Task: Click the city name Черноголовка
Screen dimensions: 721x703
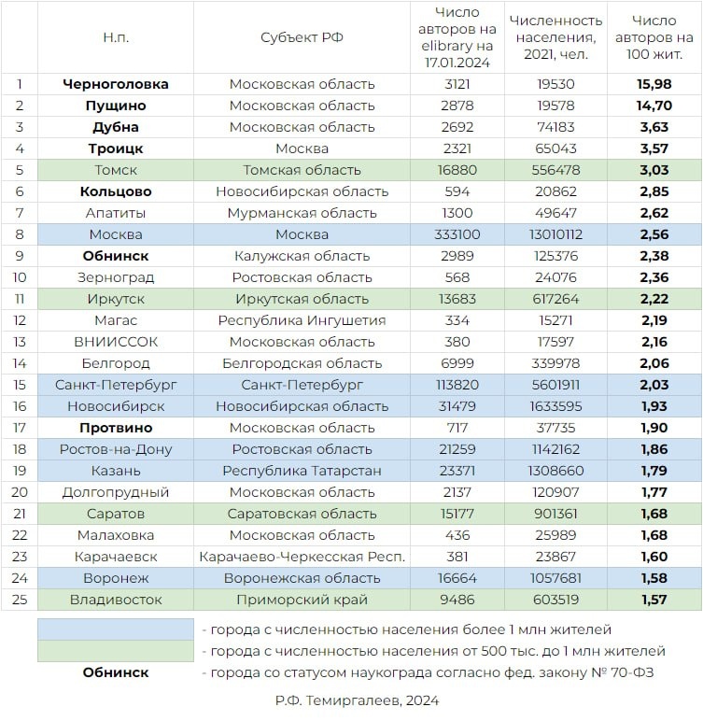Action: coord(116,84)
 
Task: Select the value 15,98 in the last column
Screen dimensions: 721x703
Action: coord(654,84)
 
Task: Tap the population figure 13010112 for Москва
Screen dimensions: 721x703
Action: coord(555,234)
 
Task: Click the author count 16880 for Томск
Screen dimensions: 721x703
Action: coord(457,170)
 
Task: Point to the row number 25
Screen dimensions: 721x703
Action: coord(20,600)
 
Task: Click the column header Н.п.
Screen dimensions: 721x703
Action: coord(116,37)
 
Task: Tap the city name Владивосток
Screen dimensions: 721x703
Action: coord(116,600)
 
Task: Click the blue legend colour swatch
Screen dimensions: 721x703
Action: coord(116,629)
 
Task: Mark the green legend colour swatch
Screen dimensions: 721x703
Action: coord(116,650)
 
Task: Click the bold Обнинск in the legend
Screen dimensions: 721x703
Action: coord(116,672)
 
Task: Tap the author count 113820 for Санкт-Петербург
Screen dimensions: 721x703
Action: coord(457,385)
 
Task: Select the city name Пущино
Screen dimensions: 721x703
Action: coord(116,106)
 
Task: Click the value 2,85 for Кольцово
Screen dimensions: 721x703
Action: coord(654,191)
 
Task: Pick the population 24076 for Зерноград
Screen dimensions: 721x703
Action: coord(555,277)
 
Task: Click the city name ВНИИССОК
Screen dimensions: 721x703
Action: coord(116,342)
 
